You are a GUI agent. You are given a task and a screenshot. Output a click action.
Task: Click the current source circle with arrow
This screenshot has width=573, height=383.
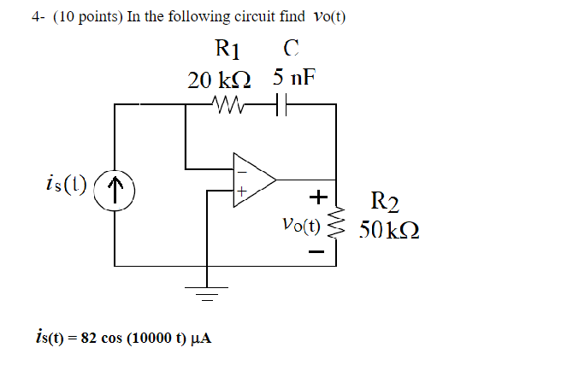point(118,186)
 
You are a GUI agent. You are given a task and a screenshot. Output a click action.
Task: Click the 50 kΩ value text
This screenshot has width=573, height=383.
point(389,232)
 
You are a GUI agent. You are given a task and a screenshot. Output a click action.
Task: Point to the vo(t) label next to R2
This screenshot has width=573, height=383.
point(299,227)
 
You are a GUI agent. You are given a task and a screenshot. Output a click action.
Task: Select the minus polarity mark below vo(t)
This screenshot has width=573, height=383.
point(317,252)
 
